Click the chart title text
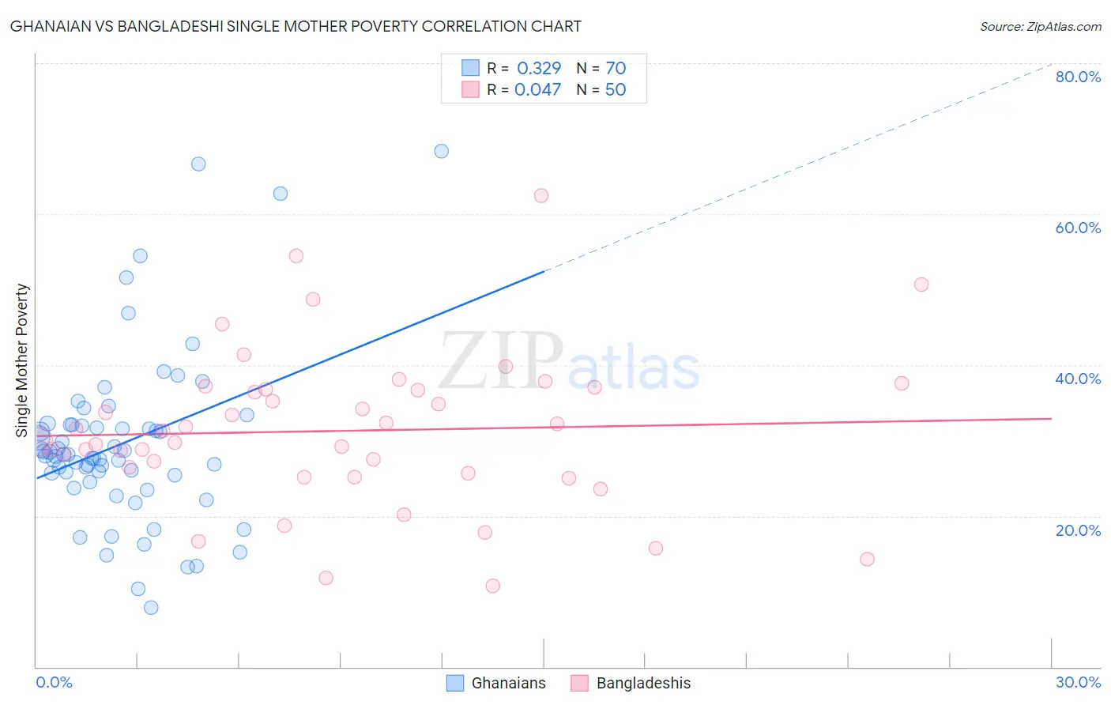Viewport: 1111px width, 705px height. [x=296, y=26]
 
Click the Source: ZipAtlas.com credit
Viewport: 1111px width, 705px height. [x=1040, y=26]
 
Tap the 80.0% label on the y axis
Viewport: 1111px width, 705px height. [x=1078, y=77]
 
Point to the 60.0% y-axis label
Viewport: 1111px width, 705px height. [x=1078, y=228]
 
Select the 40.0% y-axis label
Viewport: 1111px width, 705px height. [x=1078, y=379]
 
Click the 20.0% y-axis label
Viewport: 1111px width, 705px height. [x=1078, y=530]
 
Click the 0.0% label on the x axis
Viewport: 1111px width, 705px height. [x=54, y=682]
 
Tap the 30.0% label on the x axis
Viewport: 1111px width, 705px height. [x=1078, y=682]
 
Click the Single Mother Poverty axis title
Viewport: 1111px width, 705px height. [x=22, y=360]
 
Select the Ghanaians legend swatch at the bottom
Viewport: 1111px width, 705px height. [x=455, y=683]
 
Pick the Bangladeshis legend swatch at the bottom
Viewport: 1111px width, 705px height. [x=580, y=683]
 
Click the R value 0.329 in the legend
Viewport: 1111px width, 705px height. [x=539, y=69]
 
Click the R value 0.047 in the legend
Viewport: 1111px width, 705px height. [x=538, y=89]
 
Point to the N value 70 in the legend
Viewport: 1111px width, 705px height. [x=615, y=69]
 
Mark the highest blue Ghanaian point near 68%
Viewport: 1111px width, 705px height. [x=442, y=151]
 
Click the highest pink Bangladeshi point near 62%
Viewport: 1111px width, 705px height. [x=541, y=195]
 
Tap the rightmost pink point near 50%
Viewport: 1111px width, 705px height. [x=921, y=285]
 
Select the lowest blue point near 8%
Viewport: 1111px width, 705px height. [x=151, y=607]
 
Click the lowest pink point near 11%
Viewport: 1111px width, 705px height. [x=493, y=586]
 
